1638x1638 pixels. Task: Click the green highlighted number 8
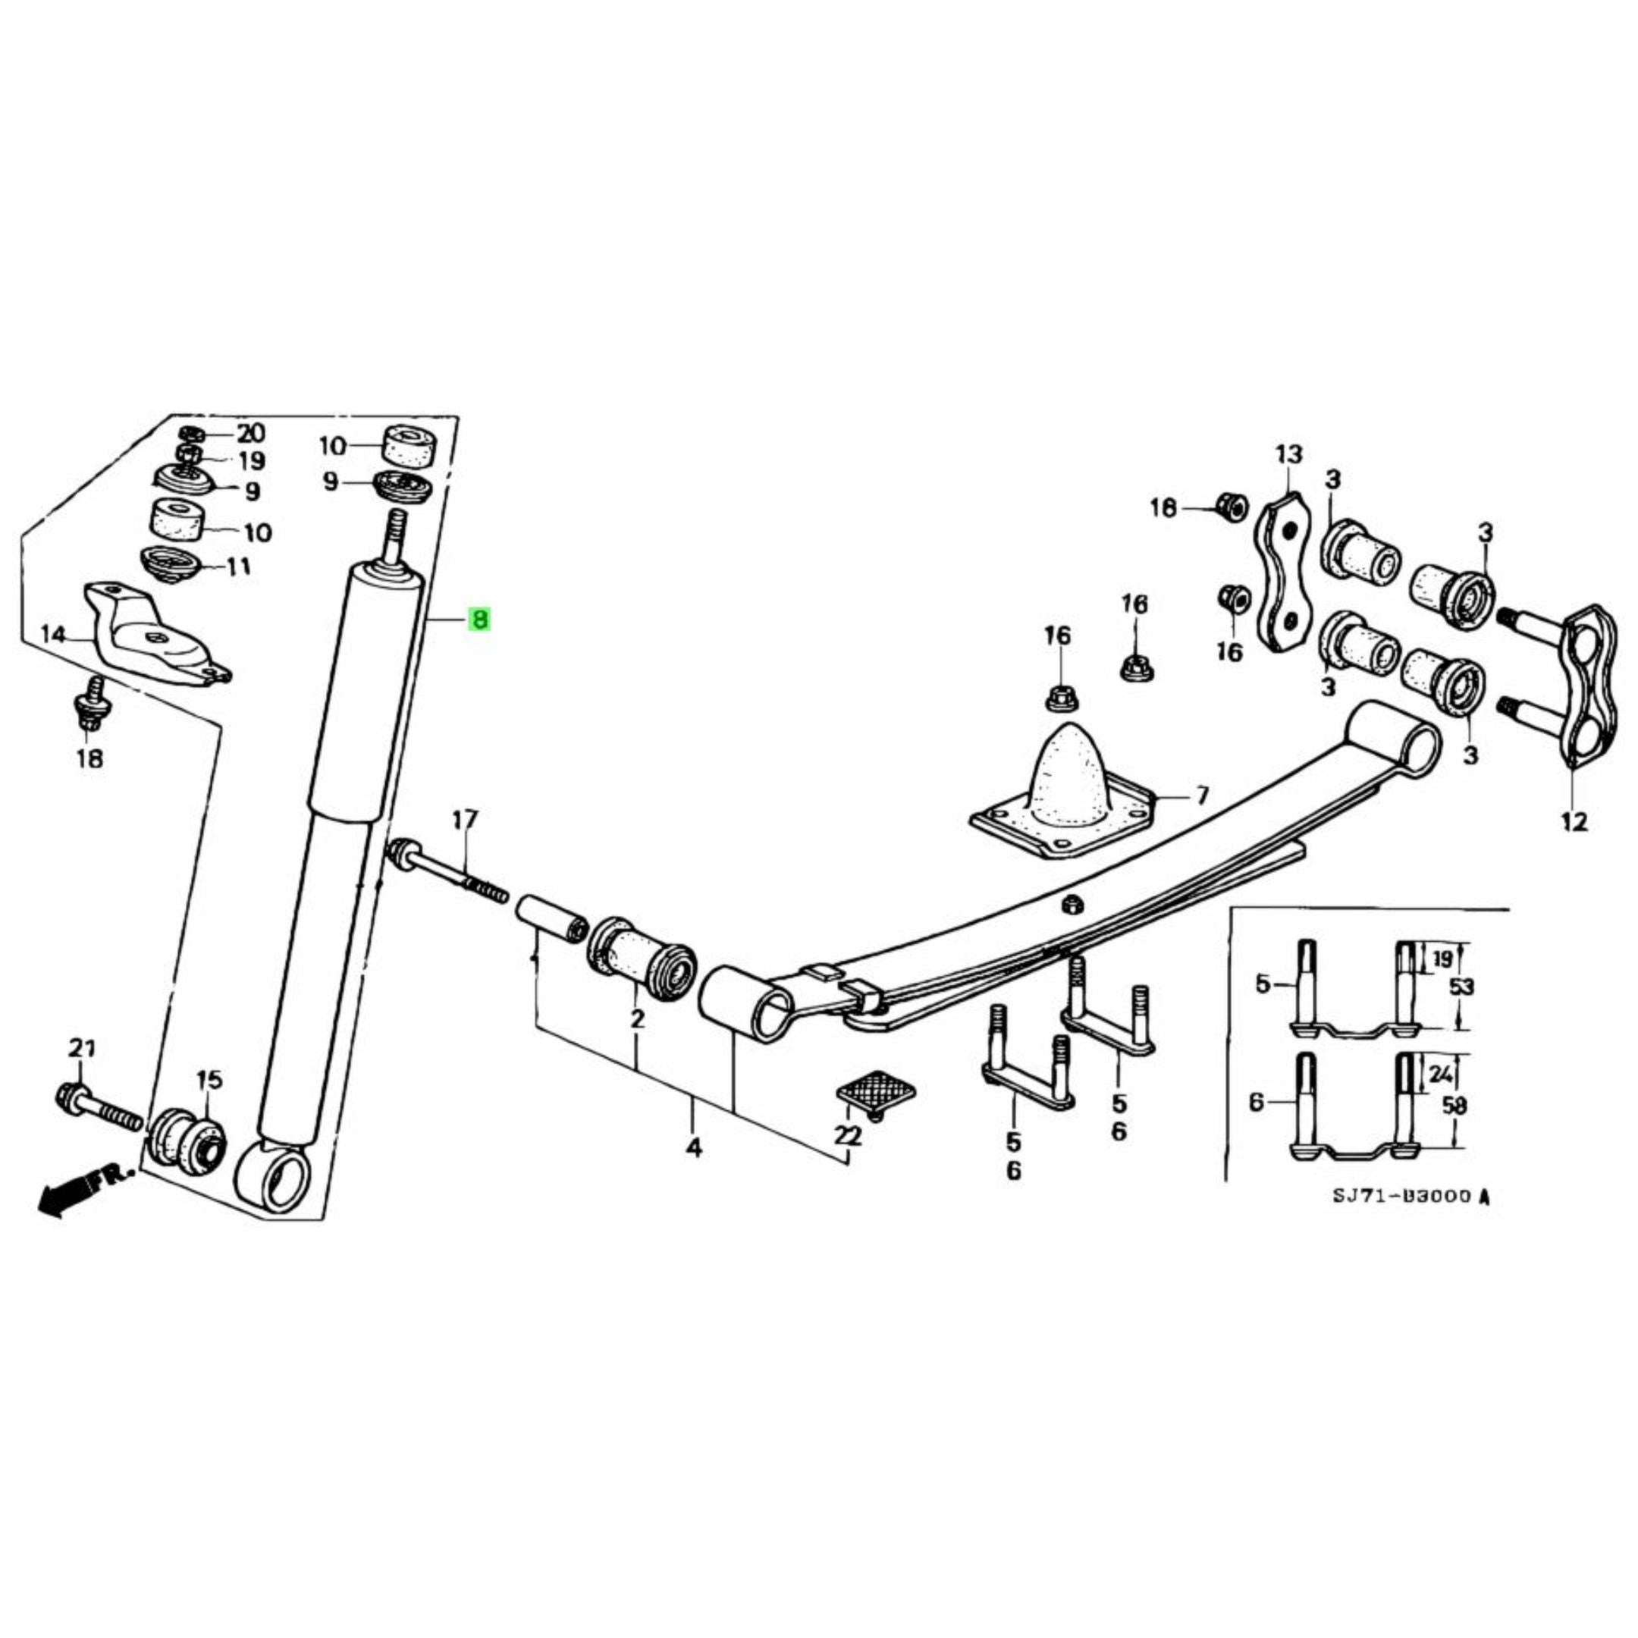480,620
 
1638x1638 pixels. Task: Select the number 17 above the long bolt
465,820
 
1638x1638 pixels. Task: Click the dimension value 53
1461,987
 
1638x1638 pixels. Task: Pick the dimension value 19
1442,959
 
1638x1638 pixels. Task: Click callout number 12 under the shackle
1574,821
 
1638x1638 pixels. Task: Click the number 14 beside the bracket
52,634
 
